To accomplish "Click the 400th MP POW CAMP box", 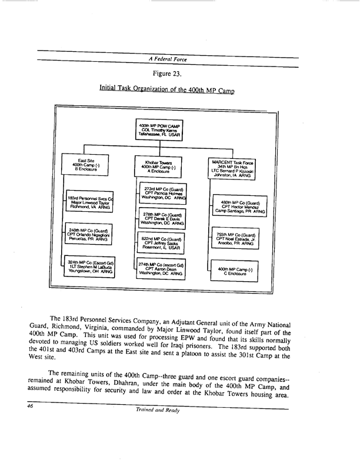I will [159, 129].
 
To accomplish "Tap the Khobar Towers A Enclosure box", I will [159, 167].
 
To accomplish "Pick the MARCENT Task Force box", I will [233, 167].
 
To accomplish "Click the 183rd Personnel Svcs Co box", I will [89, 204].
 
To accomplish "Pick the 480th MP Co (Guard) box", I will [239, 207].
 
